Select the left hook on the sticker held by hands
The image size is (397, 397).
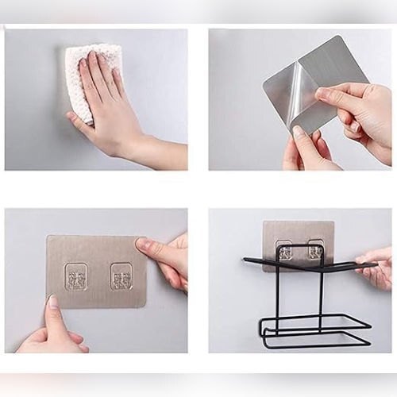coord(76,276)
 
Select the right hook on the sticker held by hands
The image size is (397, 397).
coord(121,276)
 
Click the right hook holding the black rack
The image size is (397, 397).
coord(315,252)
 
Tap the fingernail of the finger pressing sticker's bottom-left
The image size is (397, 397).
coord(52,302)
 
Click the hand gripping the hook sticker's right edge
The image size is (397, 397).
coord(167,258)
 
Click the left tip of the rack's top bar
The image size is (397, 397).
coord(245,260)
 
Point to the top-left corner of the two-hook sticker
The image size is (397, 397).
coord(48,237)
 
